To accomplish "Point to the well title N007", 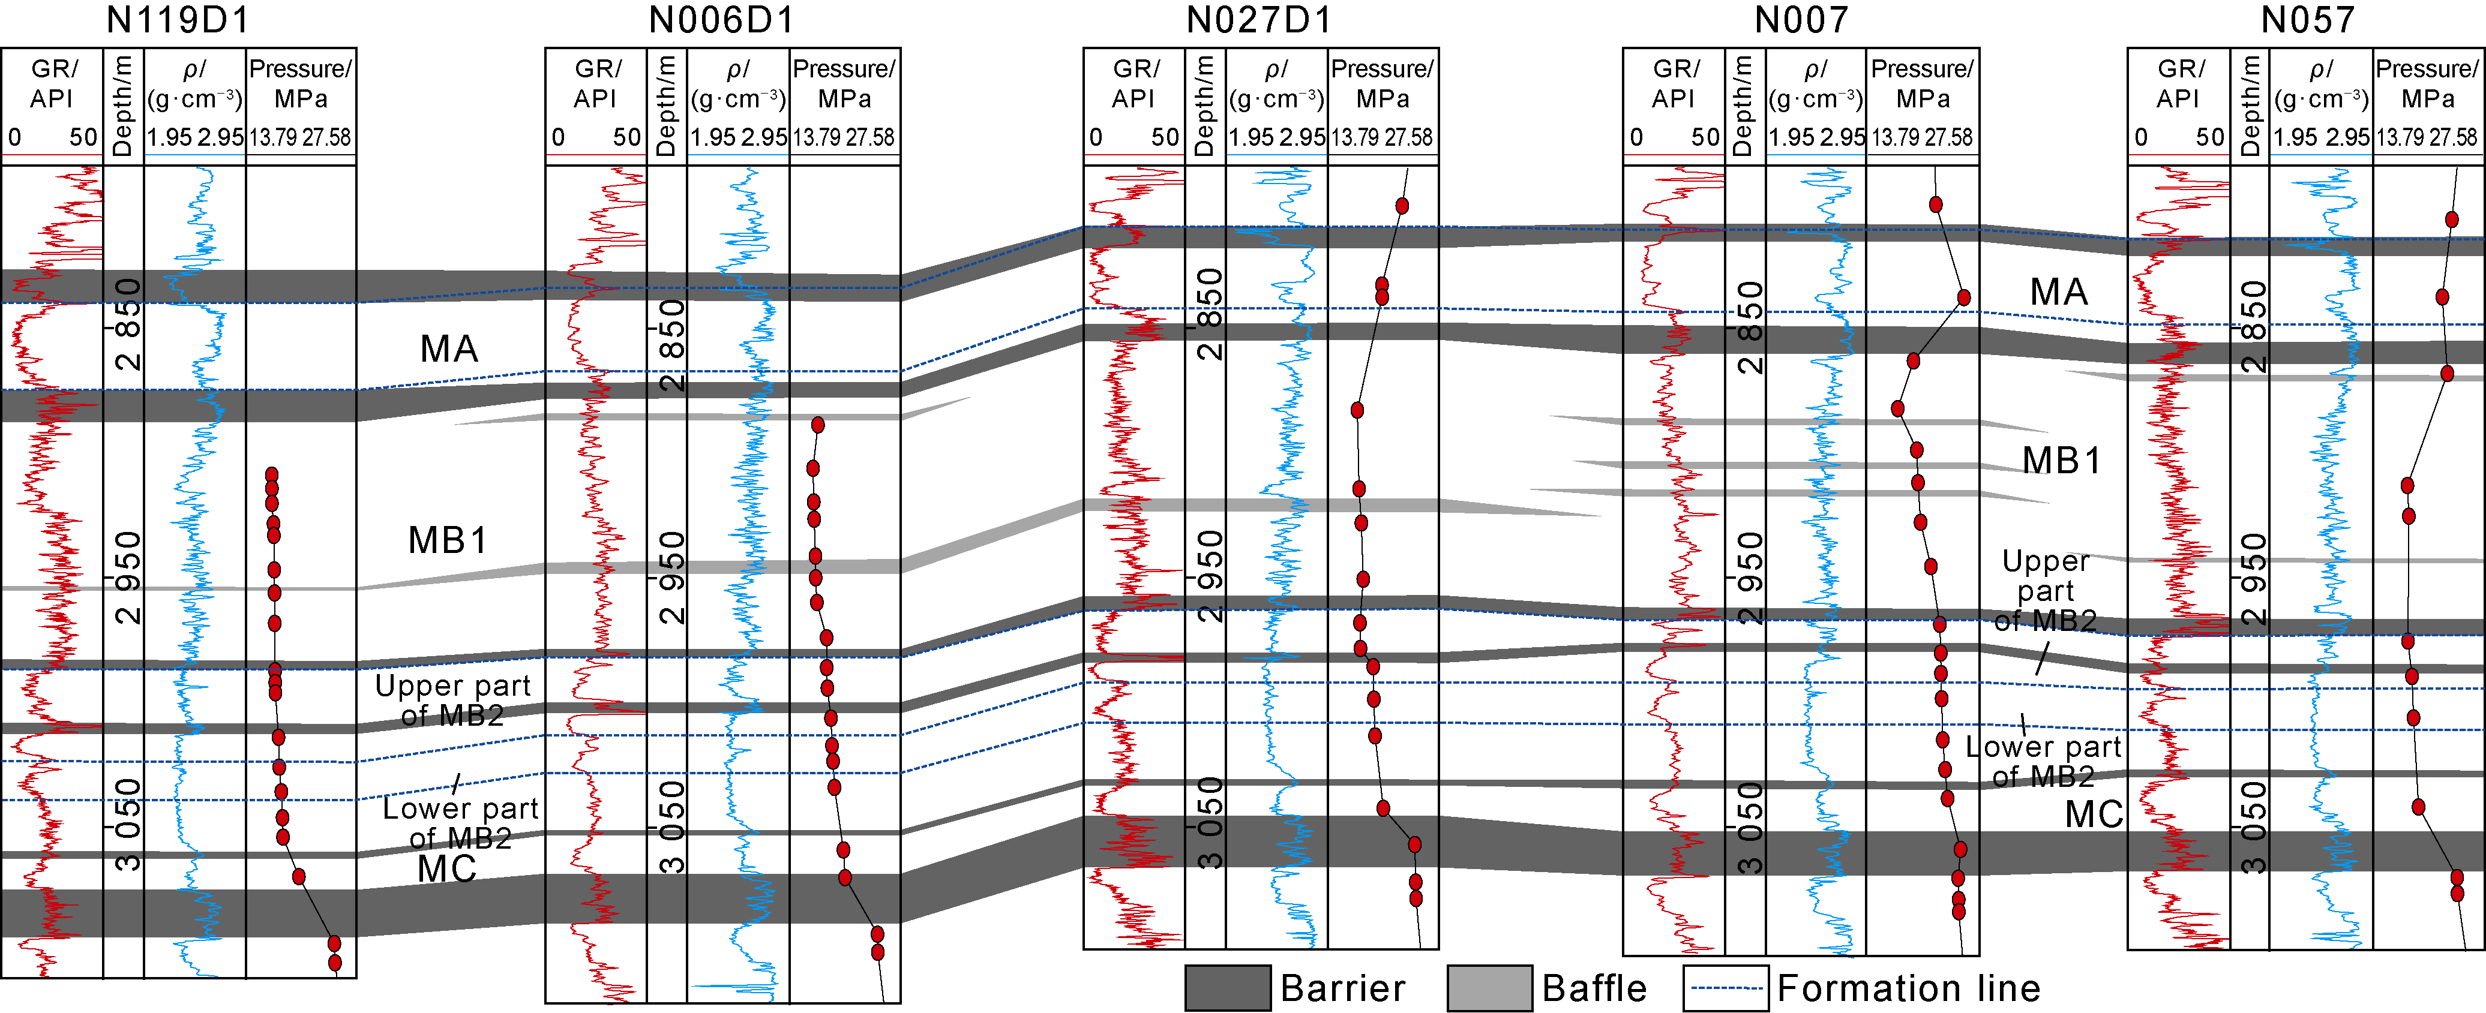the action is (1801, 19).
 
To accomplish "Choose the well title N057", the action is (2307, 19).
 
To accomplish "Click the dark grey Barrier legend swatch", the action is (1228, 988).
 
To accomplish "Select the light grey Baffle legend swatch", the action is (1489, 988).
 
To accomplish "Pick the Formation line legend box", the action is (1726, 988).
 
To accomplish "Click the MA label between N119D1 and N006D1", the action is (449, 348).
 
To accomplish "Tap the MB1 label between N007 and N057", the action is (2061, 460).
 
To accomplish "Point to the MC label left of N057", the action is (2093, 814).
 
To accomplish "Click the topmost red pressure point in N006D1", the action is (817, 425).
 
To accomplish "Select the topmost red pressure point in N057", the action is (2451, 219).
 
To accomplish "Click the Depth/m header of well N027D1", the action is (1204, 105).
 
